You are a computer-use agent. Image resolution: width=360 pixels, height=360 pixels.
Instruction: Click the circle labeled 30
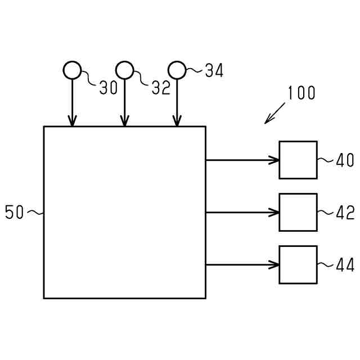(x=72, y=70)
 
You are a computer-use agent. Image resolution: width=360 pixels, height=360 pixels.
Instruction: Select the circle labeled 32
(x=124, y=70)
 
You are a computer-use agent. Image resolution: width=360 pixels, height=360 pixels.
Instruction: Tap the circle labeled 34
(x=177, y=70)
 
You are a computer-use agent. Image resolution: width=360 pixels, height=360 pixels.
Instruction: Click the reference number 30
(x=109, y=88)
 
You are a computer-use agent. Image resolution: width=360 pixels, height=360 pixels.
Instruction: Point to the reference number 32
(x=161, y=88)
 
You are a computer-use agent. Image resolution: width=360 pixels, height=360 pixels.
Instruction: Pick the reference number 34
(x=214, y=71)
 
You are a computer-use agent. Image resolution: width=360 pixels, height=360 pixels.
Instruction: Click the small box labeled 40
(x=298, y=160)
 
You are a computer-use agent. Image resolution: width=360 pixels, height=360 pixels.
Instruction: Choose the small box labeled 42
(x=298, y=212)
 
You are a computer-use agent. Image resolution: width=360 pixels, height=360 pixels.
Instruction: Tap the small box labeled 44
(x=298, y=264)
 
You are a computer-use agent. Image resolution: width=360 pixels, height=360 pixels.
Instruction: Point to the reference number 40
(x=345, y=160)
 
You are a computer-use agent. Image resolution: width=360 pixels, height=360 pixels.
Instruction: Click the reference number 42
(x=345, y=213)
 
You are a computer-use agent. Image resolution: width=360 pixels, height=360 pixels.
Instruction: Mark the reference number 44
(x=345, y=265)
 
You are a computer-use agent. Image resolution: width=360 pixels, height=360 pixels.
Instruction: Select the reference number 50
(x=15, y=213)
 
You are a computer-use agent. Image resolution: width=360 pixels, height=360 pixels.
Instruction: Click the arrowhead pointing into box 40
(x=274, y=160)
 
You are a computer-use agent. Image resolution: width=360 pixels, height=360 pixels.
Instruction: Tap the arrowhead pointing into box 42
(x=274, y=212)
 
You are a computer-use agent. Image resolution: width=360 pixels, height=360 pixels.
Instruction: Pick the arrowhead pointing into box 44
(x=274, y=264)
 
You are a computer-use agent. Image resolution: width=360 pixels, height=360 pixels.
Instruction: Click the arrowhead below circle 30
(x=72, y=121)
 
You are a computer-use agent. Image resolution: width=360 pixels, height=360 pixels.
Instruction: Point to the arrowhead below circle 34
(x=177, y=121)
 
